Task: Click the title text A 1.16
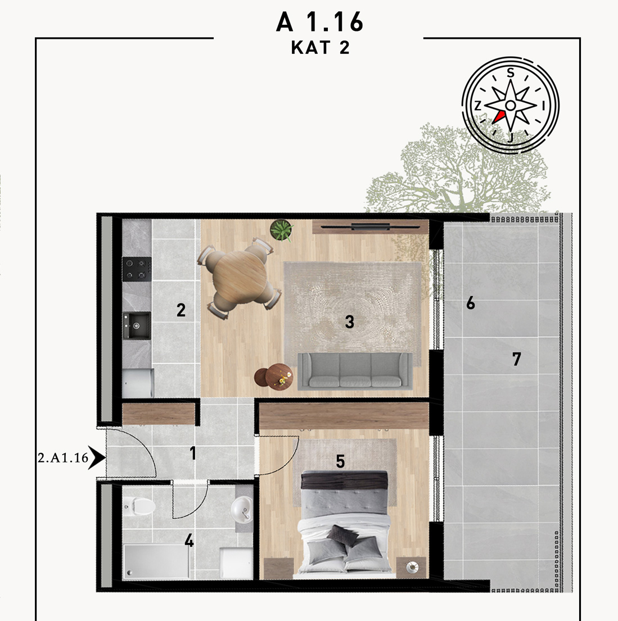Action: [x=319, y=22]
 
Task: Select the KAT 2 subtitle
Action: [x=321, y=48]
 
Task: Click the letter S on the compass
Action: [x=511, y=73]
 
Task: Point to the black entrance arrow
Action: [x=97, y=458]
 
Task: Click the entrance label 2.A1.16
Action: [x=63, y=458]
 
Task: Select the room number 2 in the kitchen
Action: [x=181, y=310]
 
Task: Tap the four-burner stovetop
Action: [x=137, y=269]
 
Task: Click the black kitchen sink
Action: [x=137, y=325]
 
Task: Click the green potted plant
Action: [x=282, y=230]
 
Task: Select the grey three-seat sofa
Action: [x=355, y=371]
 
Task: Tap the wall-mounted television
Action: [x=371, y=227]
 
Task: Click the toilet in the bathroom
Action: [x=139, y=506]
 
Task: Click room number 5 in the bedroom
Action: [x=340, y=461]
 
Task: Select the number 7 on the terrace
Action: [x=516, y=359]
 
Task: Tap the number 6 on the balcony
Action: [x=470, y=303]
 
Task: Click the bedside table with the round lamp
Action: [x=412, y=568]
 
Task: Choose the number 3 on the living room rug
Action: [x=349, y=322]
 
